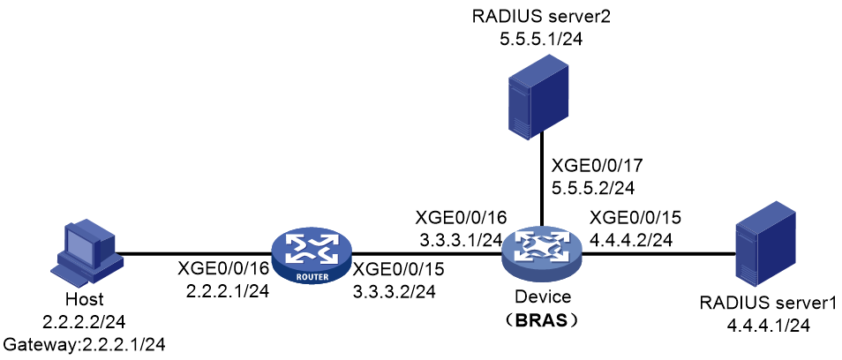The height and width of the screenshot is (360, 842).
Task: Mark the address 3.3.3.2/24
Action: pyautogui.click(x=396, y=292)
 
